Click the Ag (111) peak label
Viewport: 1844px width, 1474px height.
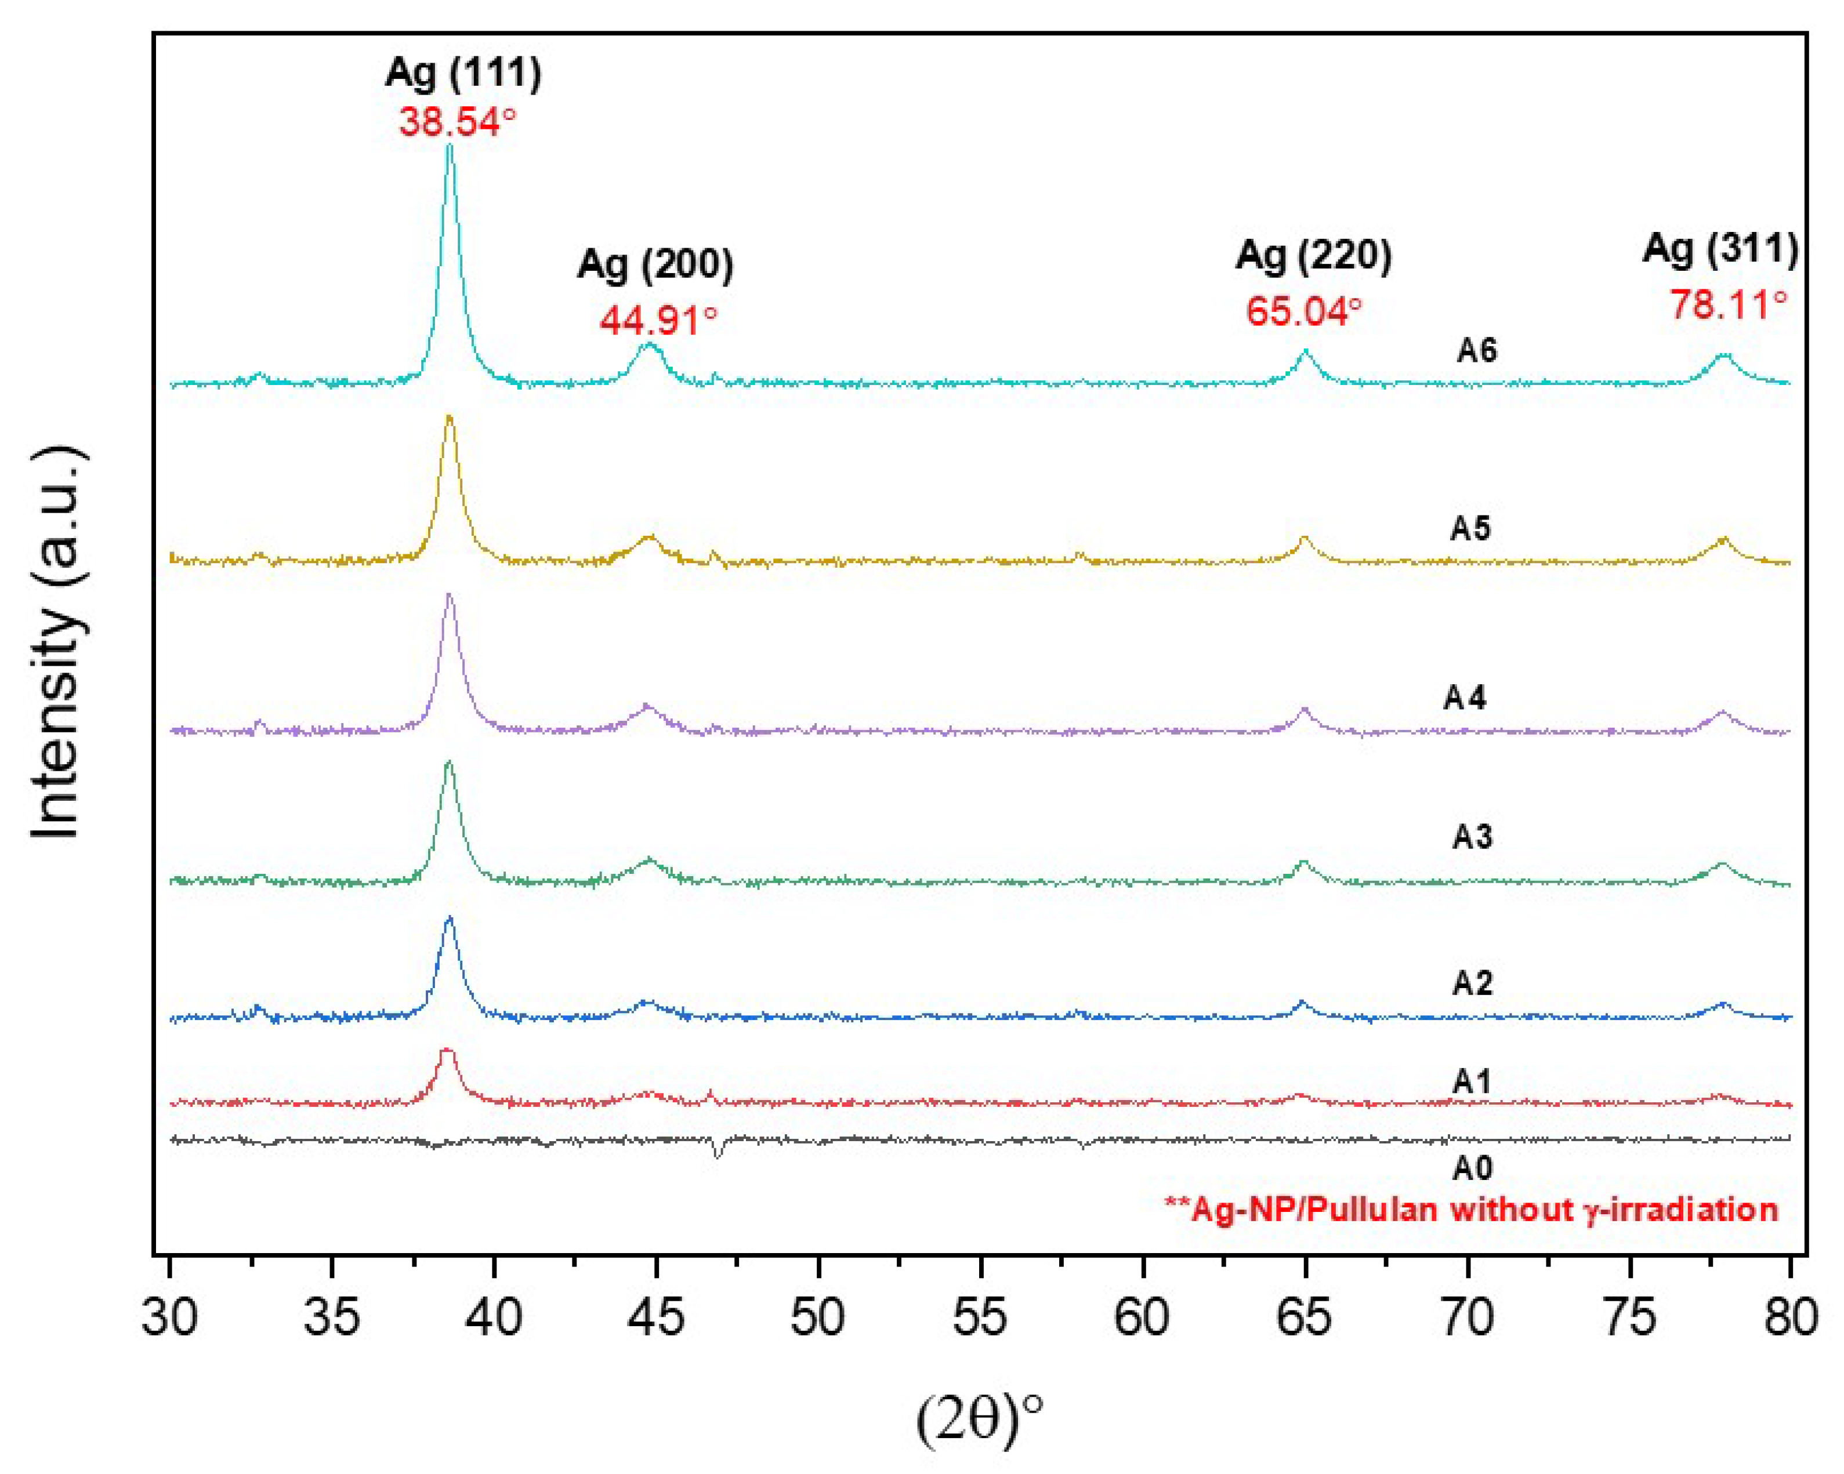463,74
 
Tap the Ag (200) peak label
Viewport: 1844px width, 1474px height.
655,264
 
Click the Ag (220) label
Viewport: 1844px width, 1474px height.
1313,256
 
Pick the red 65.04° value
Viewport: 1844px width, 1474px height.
1303,310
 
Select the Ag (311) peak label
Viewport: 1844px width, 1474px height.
1720,249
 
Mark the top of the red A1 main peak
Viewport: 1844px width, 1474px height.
445,1050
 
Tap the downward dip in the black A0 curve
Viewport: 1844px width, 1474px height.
718,1156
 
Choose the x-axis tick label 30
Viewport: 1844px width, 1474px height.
169,1317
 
